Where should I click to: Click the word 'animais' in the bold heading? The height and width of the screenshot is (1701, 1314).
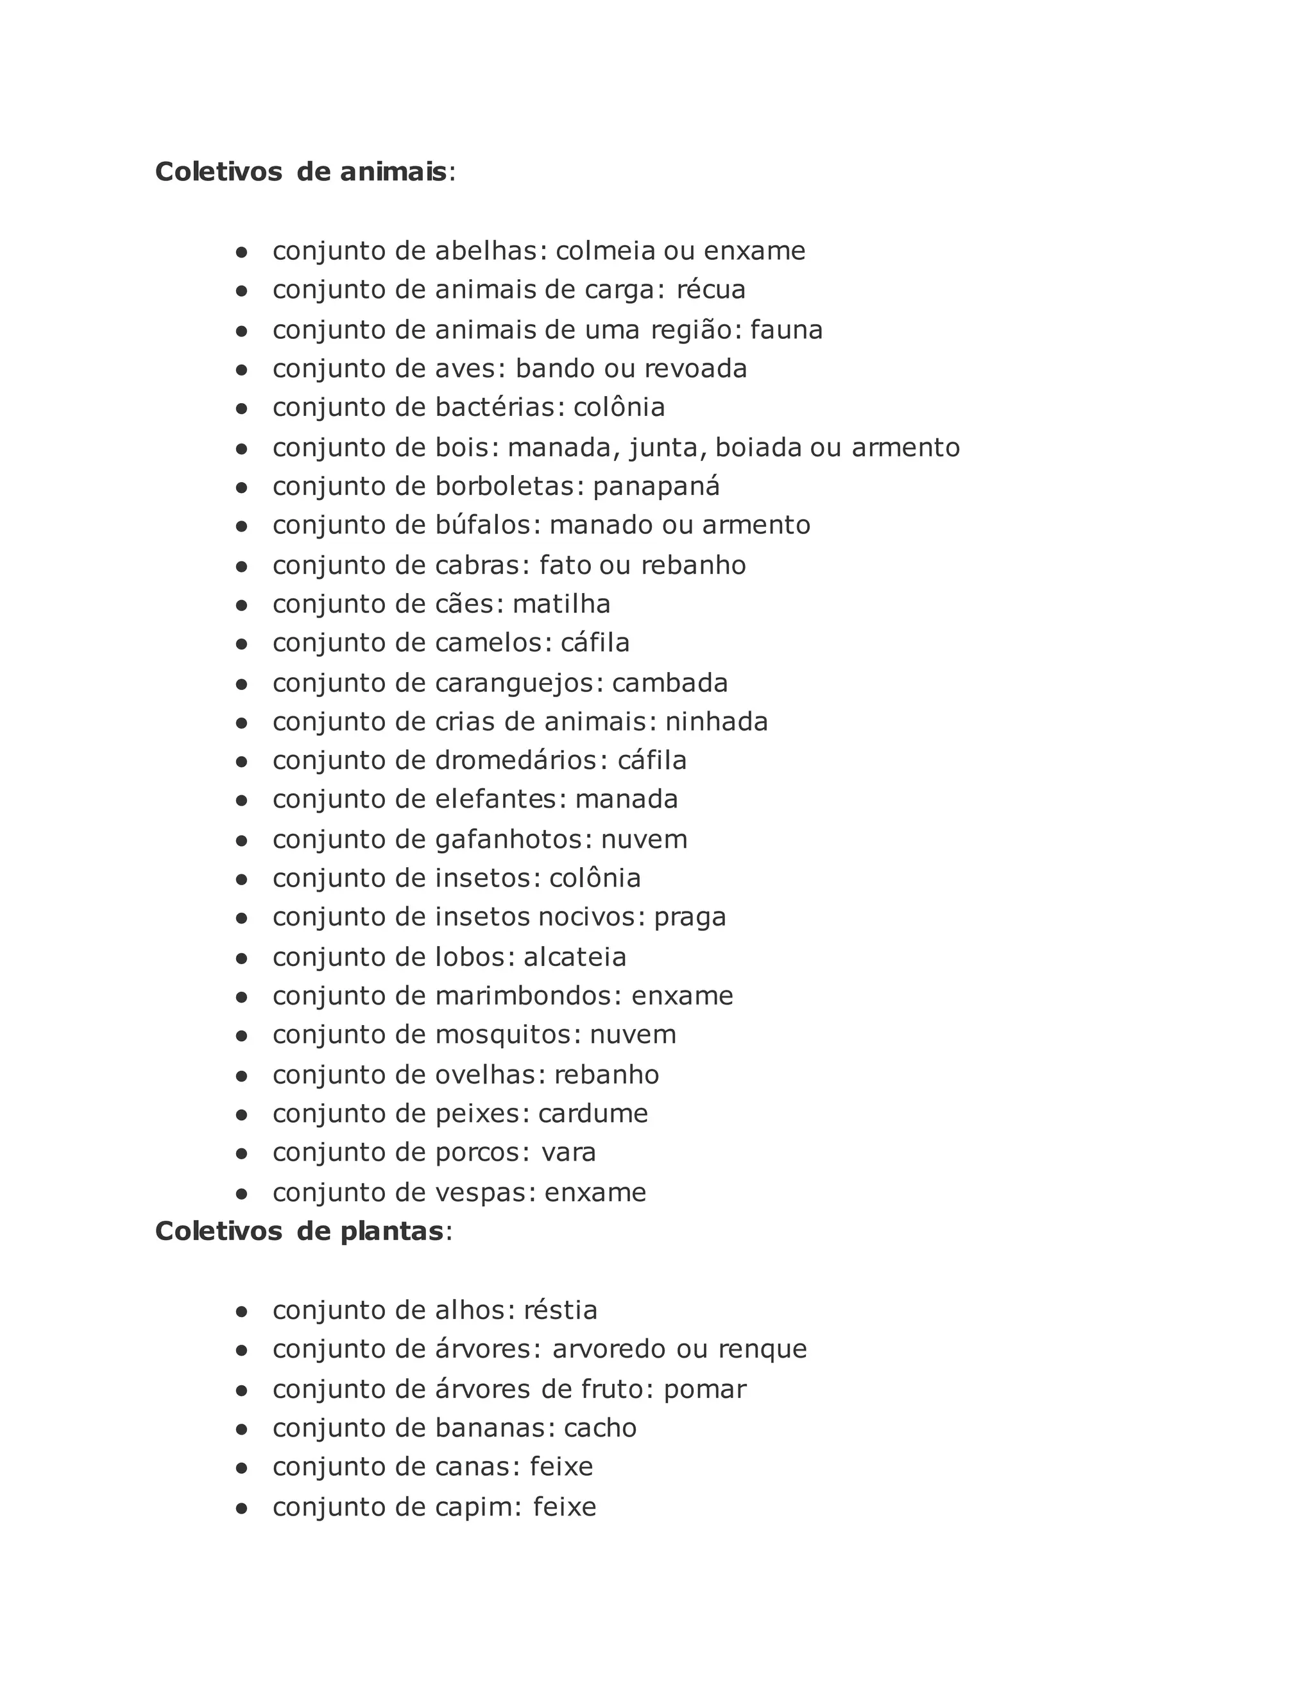pyautogui.click(x=393, y=171)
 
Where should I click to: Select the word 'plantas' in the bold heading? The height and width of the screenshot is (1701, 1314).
pyautogui.click(x=391, y=1231)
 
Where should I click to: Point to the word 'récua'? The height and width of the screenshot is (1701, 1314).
pyautogui.click(x=711, y=289)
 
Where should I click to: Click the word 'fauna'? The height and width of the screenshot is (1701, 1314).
pyautogui.click(x=786, y=330)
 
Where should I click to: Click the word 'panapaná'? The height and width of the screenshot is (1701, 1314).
pyautogui.click(x=656, y=487)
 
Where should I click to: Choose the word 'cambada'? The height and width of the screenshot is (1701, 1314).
pyautogui.click(x=669, y=683)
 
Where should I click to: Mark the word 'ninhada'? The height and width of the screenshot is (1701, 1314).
pyautogui.click(x=716, y=722)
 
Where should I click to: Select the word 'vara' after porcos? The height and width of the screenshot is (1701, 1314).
pyautogui.click(x=569, y=1153)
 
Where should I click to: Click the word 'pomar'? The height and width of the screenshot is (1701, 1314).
pyautogui.click(x=704, y=1390)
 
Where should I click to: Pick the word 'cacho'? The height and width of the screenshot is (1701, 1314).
pyautogui.click(x=600, y=1428)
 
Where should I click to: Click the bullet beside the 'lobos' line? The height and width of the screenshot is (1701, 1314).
pyautogui.click(x=241, y=958)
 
